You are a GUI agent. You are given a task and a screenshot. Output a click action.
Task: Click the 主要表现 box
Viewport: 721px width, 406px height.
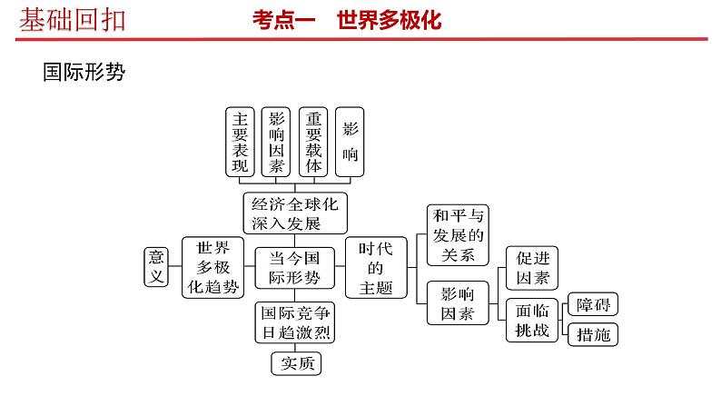point(241,142)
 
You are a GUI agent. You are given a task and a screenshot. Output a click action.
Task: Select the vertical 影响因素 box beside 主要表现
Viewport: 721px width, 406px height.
point(276,142)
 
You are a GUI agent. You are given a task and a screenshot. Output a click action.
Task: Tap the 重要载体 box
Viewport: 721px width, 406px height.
point(313,142)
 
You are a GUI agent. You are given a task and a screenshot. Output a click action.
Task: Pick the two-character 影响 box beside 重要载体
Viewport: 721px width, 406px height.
point(351,142)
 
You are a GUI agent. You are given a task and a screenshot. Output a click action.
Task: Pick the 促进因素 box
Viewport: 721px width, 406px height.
point(531,268)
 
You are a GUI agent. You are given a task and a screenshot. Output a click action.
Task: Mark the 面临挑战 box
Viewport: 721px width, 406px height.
point(531,319)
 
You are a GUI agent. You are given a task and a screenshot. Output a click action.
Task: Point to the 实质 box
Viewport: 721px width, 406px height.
point(296,363)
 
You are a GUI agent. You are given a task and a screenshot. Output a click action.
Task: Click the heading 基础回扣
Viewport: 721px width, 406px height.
point(73,18)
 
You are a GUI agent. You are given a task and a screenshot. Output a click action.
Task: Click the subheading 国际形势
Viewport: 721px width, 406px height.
point(83,73)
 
